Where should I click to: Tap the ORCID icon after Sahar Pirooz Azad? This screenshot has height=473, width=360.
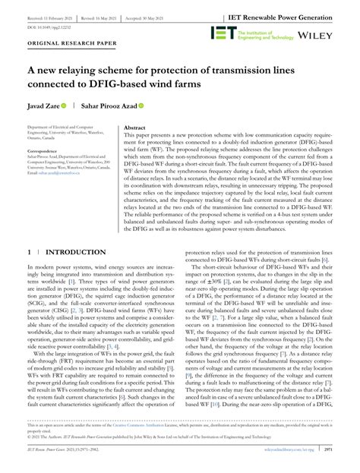tap(141, 106)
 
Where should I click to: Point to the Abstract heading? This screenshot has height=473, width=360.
tap(134, 129)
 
